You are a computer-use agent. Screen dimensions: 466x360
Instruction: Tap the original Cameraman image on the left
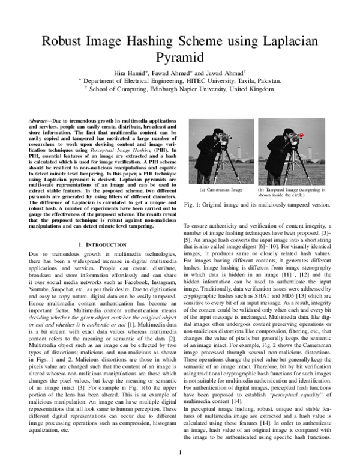click(x=216, y=150)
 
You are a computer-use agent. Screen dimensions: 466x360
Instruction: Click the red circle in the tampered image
click(x=302, y=135)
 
